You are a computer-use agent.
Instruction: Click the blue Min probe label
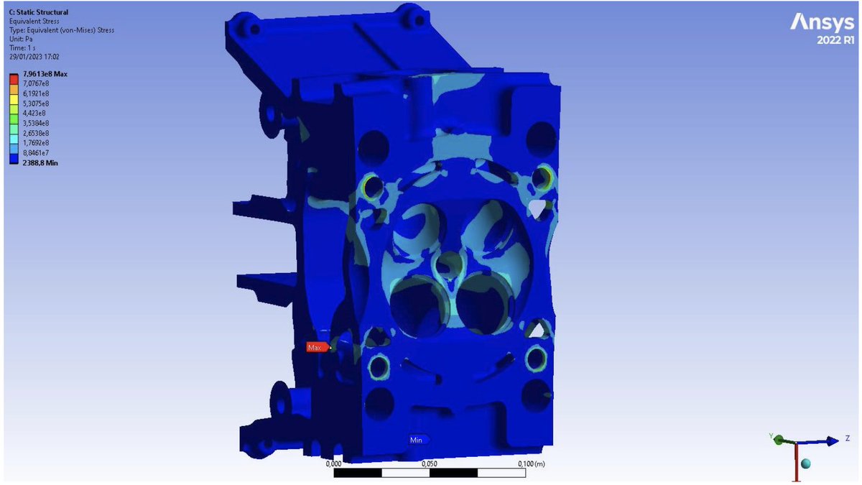coord(418,440)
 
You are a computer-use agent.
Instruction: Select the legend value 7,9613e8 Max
coord(45,74)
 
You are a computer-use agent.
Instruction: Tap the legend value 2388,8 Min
coord(40,163)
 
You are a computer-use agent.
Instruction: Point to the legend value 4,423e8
coord(34,114)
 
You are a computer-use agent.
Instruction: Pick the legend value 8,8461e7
coord(36,153)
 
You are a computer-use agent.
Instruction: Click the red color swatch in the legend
coord(14,79)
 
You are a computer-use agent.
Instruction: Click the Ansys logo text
coord(822,23)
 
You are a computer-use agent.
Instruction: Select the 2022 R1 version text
coord(835,40)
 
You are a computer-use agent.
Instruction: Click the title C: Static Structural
coord(39,12)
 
